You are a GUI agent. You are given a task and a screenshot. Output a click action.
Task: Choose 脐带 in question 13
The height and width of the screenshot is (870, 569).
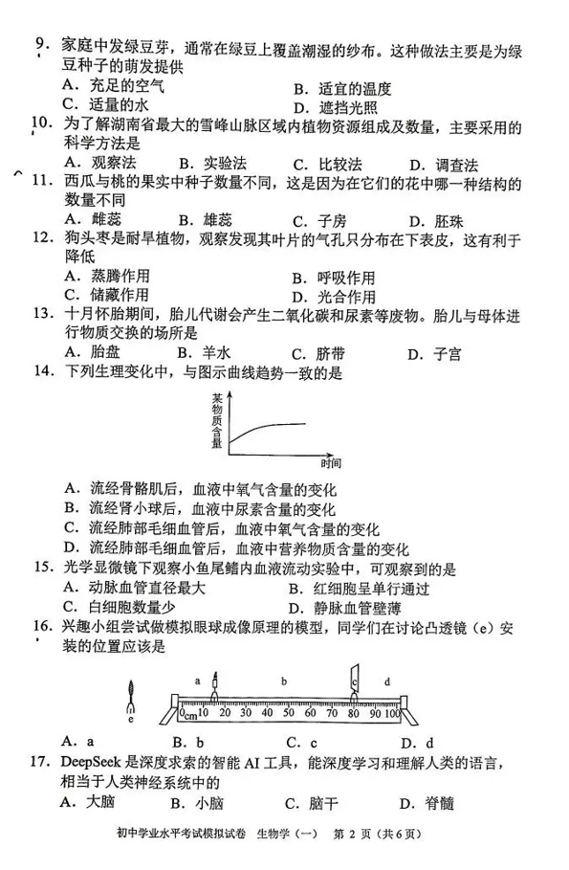(x=330, y=353)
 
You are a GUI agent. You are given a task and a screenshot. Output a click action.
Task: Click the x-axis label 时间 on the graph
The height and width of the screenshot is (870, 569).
(x=332, y=464)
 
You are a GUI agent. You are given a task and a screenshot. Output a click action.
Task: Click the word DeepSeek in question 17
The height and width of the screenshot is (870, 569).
(x=93, y=763)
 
